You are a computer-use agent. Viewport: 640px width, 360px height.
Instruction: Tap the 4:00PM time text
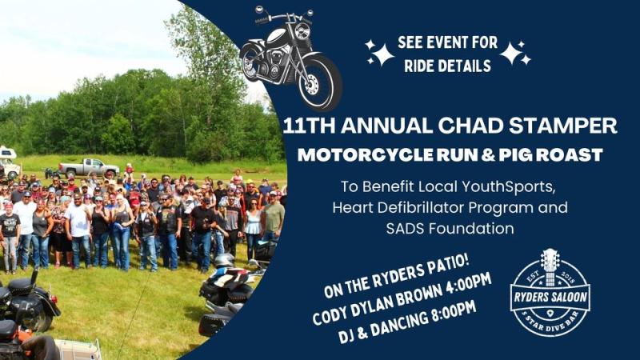[x=469, y=285]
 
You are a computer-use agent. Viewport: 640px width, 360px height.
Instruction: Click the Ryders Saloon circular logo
[x=550, y=293]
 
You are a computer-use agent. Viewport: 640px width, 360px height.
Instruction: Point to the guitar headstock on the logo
[x=550, y=258]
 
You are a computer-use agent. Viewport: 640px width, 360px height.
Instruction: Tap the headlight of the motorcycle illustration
[x=302, y=31]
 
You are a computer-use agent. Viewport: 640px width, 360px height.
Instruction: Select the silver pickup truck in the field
[x=89, y=167]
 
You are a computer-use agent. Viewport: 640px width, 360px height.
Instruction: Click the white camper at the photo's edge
[x=9, y=162]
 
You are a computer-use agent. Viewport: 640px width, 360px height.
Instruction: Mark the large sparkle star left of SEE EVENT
[x=382, y=55]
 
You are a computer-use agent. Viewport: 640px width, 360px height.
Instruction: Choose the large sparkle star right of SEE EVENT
[x=511, y=54]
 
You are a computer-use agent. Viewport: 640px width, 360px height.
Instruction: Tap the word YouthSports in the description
[x=510, y=186]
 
